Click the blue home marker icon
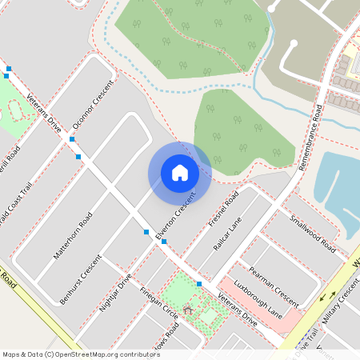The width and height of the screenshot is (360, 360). click(180, 172)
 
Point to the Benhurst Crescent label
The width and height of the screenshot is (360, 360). click(82, 279)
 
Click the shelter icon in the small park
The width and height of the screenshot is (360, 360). click(189, 309)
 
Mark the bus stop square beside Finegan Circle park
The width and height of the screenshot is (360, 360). click(199, 283)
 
